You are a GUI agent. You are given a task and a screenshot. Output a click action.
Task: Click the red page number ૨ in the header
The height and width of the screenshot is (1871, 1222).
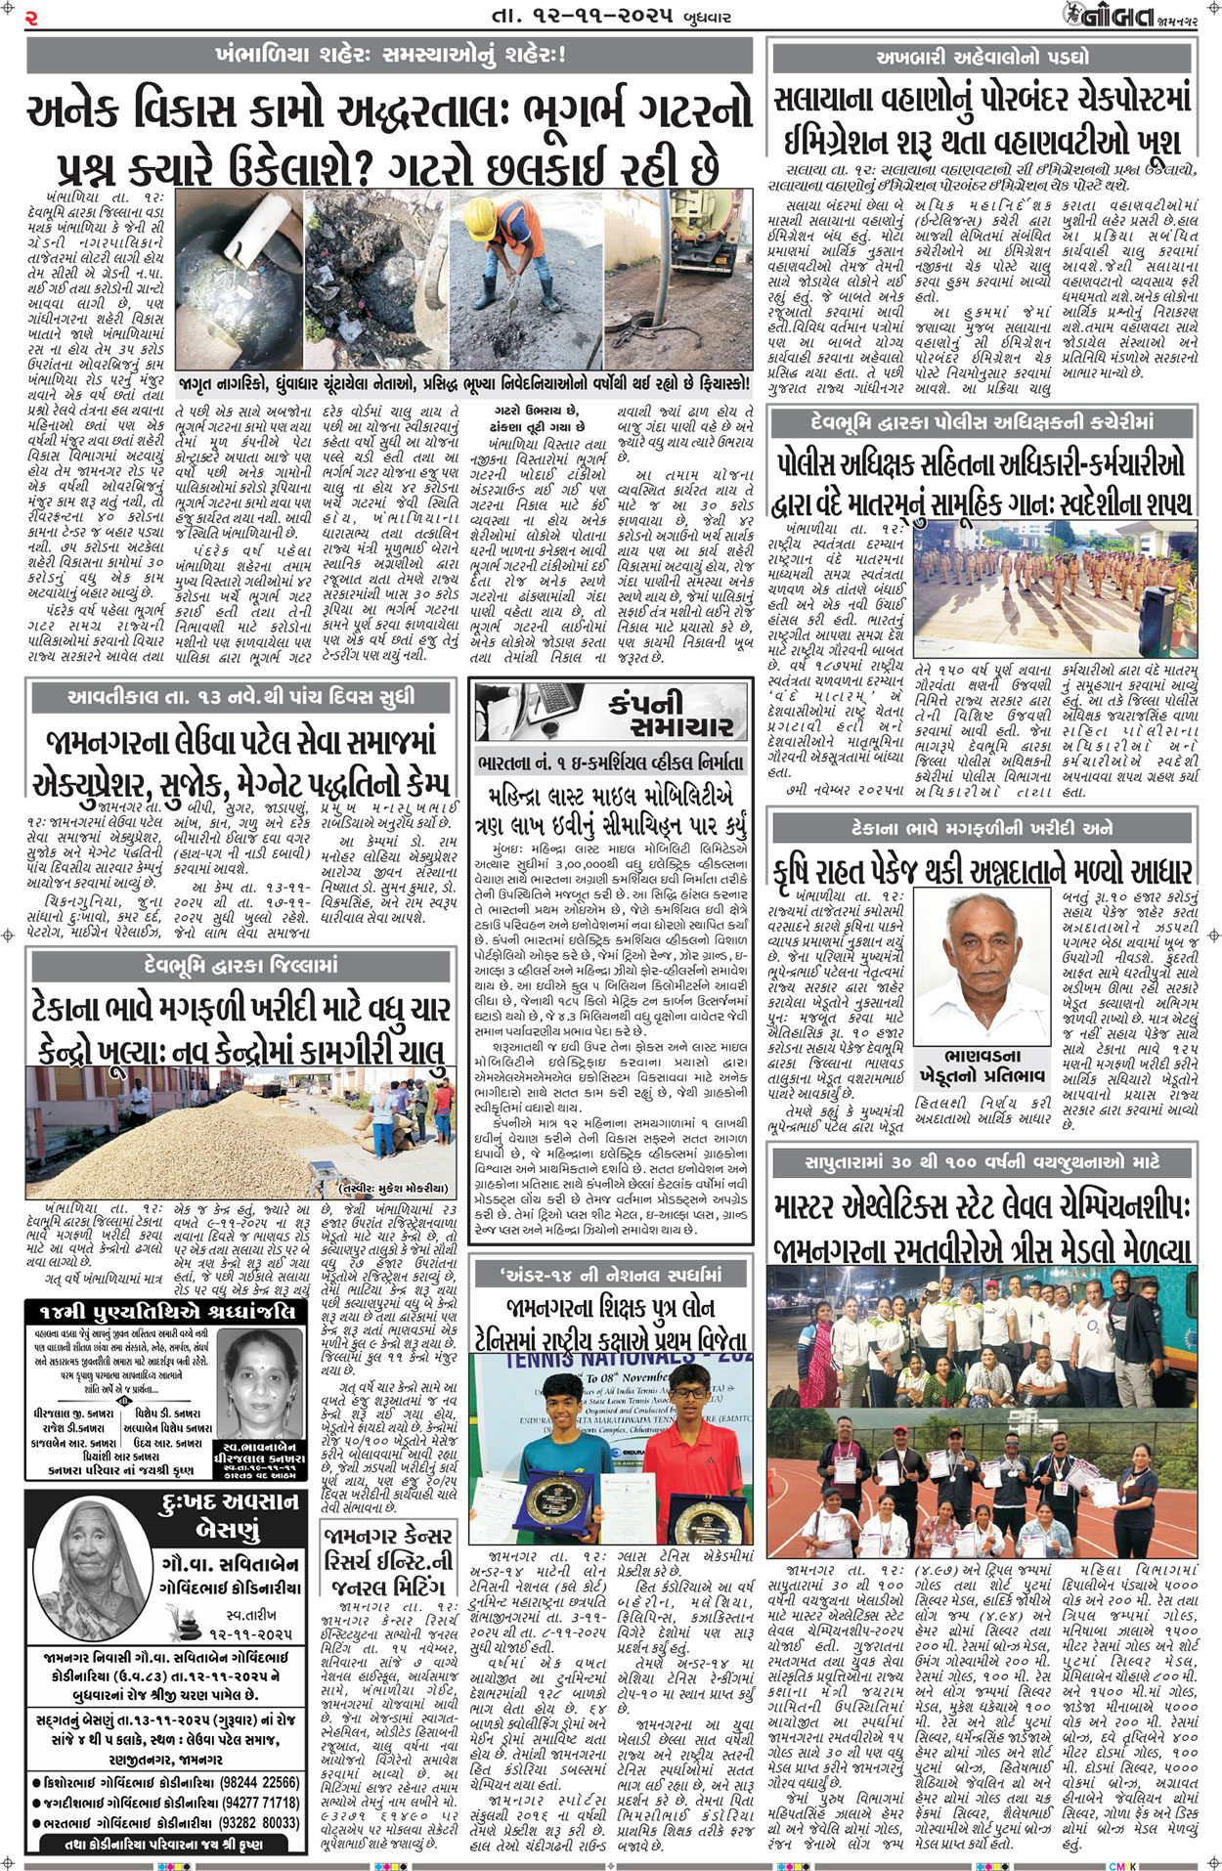(x=32, y=17)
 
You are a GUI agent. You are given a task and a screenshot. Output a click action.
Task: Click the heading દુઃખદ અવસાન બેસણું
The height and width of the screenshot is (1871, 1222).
(x=227, y=1516)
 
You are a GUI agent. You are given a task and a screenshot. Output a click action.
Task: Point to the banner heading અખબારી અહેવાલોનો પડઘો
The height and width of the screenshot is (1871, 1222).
(x=982, y=56)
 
